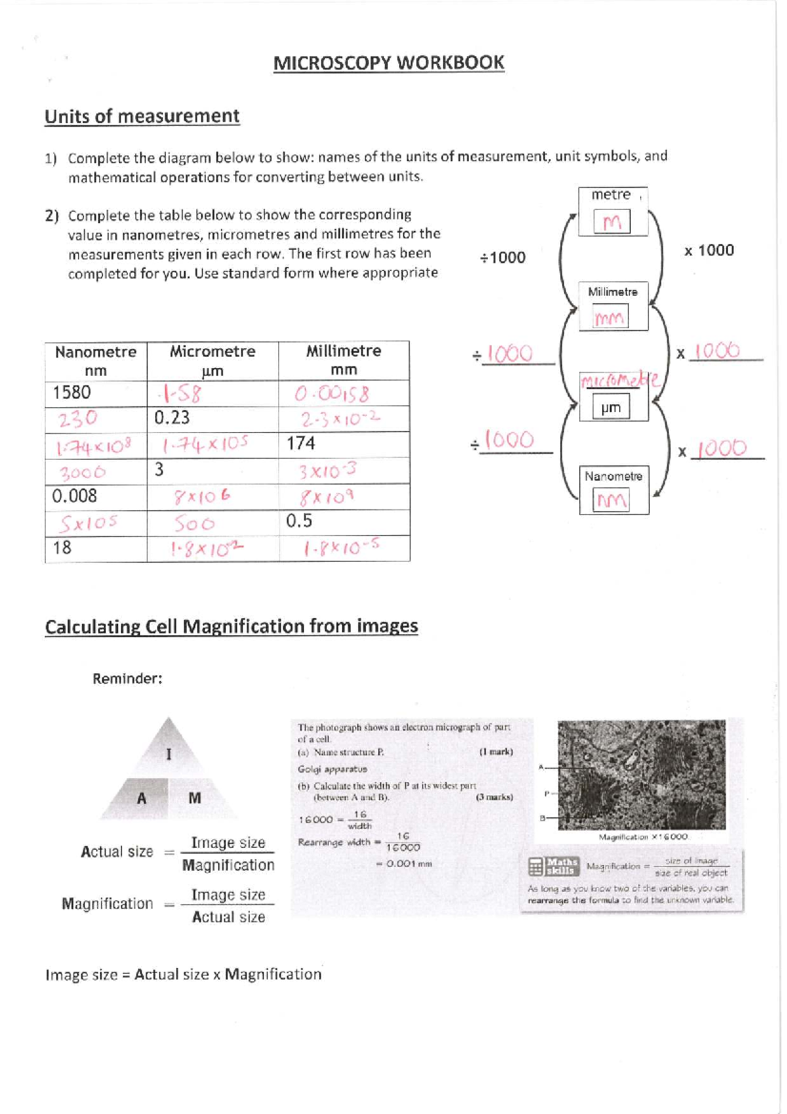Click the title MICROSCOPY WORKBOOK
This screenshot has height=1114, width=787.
[x=388, y=63]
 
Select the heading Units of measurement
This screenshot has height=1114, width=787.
[x=142, y=116]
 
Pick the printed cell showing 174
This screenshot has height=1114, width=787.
[x=301, y=444]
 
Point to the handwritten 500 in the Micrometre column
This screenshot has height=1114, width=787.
[x=195, y=524]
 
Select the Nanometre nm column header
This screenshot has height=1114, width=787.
[x=96, y=360]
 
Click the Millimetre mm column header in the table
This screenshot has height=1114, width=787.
[x=344, y=360]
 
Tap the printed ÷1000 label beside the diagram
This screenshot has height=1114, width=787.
[x=502, y=257]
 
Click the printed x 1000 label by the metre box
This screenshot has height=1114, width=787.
[x=709, y=250]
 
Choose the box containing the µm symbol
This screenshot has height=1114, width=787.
[x=611, y=407]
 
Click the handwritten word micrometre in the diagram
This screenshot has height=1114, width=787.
[x=620, y=380]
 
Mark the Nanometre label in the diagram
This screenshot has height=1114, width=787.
[x=613, y=476]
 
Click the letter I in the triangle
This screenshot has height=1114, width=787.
[x=169, y=754]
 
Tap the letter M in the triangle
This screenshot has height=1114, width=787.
[x=195, y=798]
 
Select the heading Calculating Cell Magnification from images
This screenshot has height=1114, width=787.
[x=231, y=626]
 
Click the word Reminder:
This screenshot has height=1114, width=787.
[x=127, y=679]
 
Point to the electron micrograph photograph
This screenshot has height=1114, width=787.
[x=641, y=775]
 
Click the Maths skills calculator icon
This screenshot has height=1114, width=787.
[x=536, y=867]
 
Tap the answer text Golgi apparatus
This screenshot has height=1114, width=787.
[x=332, y=769]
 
